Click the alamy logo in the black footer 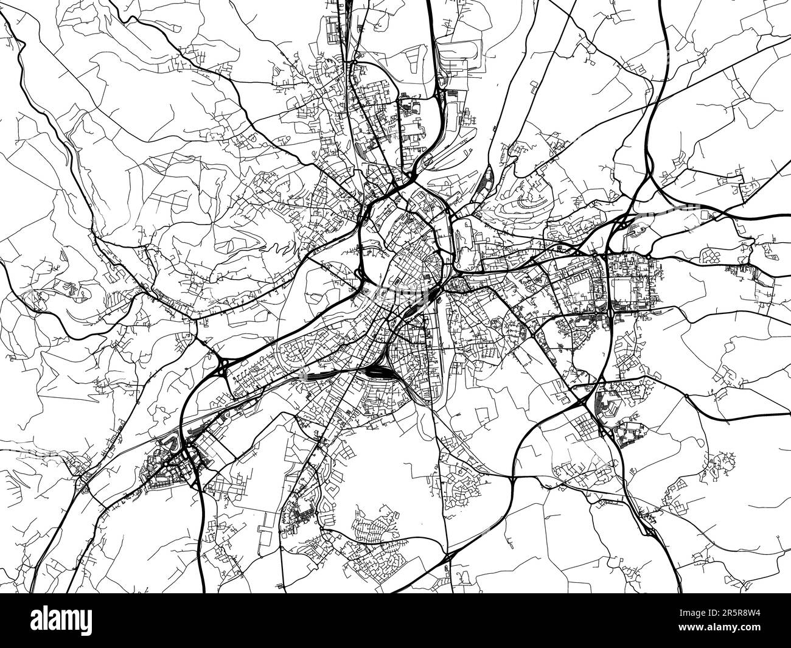tap(61, 620)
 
